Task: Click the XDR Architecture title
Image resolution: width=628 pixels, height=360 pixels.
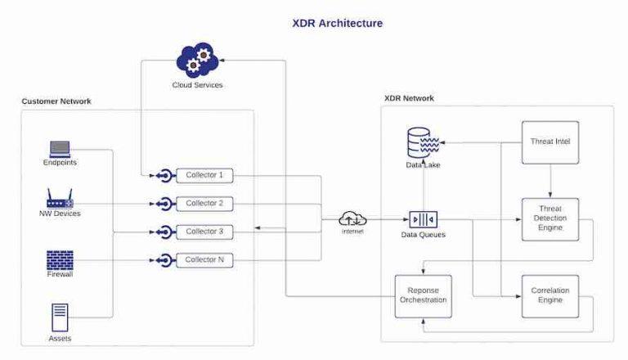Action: (337, 23)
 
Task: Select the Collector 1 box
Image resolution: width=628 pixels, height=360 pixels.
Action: (204, 175)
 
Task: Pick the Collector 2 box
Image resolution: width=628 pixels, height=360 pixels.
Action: (204, 203)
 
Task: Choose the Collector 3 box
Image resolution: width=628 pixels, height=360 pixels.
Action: (204, 232)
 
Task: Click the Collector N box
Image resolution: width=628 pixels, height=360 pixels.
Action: (204, 260)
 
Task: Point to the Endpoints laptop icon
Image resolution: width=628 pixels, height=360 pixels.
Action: (60, 149)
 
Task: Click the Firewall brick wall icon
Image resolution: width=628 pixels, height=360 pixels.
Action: (60, 260)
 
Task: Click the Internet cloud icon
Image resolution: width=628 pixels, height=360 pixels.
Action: (353, 218)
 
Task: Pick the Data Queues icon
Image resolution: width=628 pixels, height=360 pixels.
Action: (423, 219)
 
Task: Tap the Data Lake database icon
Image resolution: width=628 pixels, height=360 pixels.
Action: (423, 144)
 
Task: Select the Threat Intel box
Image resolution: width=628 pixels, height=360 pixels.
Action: (550, 142)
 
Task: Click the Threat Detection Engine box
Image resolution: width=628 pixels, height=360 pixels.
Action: (550, 219)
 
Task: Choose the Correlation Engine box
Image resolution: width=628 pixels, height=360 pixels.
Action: (550, 295)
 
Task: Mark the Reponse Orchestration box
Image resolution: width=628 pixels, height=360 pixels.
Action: (423, 295)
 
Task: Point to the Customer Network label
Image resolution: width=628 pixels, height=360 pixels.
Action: (56, 101)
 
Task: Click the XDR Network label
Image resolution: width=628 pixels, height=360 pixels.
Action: (409, 98)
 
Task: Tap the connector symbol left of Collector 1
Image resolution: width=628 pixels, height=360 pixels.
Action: (164, 175)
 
